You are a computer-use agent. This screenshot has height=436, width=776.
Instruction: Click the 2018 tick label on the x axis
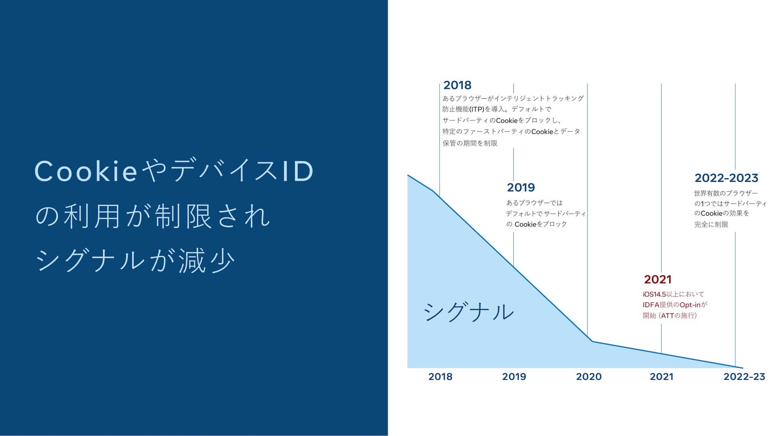point(440,376)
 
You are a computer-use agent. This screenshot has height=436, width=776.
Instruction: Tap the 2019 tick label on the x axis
point(514,376)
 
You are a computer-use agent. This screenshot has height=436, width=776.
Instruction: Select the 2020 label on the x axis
point(589,376)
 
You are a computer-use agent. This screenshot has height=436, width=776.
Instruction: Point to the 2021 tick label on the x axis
point(662,376)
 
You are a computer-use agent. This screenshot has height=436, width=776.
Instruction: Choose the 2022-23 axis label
point(744,376)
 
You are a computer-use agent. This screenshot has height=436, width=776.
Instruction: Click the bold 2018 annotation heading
point(457,85)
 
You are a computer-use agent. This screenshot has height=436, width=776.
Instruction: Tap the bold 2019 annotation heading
point(521,187)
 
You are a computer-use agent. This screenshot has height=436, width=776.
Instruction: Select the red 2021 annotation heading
point(658,279)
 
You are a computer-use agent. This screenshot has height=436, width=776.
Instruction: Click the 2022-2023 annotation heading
point(727,178)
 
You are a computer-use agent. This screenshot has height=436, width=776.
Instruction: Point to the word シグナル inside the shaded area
point(469,311)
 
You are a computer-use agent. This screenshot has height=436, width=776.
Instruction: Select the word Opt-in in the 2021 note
point(690,305)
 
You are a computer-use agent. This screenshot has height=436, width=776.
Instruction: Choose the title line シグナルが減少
point(135,260)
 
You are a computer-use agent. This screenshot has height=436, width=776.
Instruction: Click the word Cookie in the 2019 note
point(525,224)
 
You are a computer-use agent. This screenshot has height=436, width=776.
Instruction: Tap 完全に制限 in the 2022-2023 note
point(711,224)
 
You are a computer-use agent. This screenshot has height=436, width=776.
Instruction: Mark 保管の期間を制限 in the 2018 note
point(470,143)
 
